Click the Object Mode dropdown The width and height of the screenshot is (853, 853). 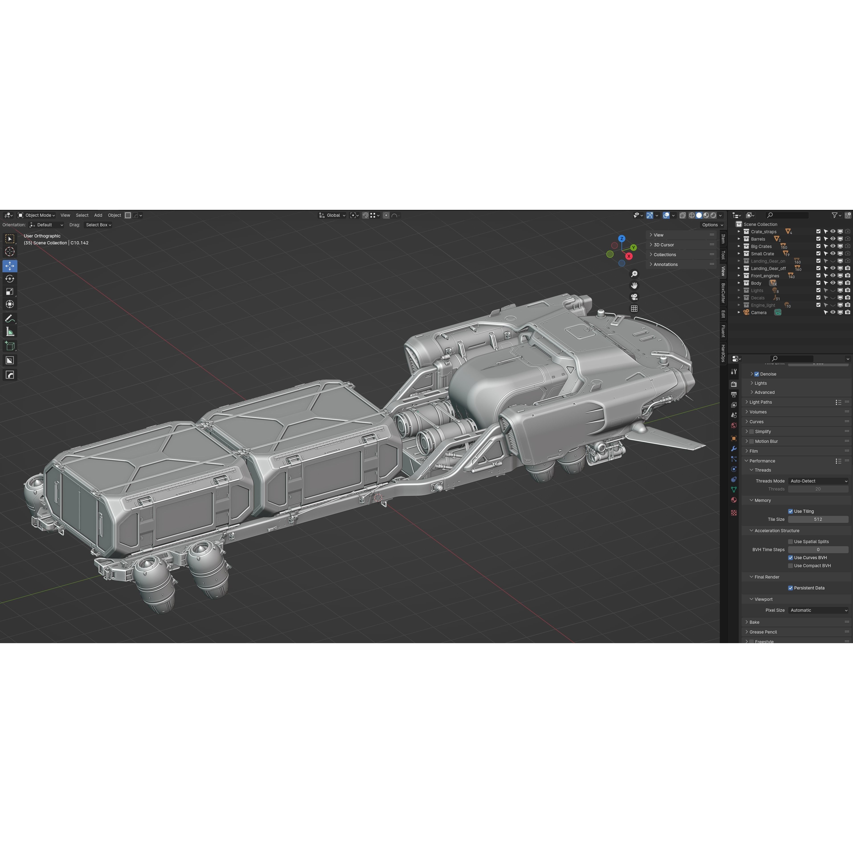37,215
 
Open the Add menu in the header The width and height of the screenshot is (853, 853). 98,215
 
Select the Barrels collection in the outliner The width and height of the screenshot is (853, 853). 758,239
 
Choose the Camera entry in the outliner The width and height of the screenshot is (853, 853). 759,313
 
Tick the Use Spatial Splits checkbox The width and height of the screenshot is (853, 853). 790,542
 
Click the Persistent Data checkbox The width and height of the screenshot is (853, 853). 790,588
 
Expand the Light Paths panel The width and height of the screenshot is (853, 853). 760,402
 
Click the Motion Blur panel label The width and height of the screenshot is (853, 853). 766,442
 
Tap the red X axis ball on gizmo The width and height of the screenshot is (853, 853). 629,256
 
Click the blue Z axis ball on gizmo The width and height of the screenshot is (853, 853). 622,238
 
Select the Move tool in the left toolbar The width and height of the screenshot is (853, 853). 10,266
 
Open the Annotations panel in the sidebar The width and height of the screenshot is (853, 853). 665,264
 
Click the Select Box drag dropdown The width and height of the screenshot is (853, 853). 98,225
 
